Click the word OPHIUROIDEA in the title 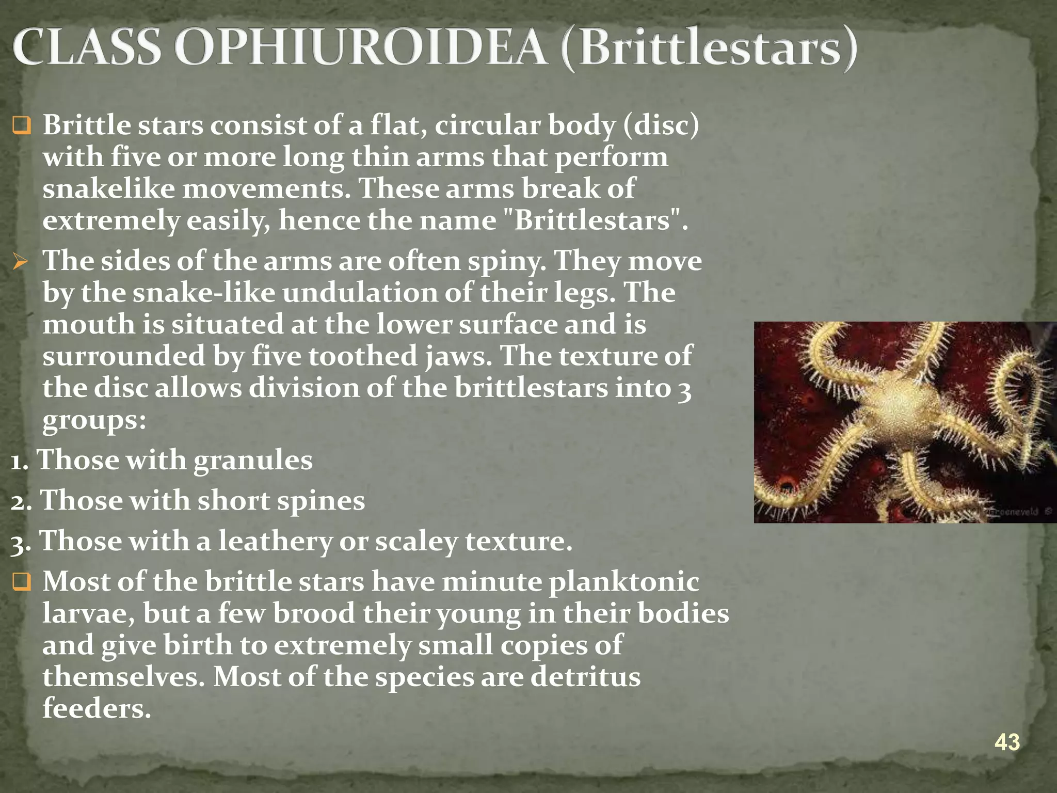pyautogui.click(x=360, y=47)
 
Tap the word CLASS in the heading pyautogui.click(x=87, y=47)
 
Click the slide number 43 pyautogui.click(x=1006, y=742)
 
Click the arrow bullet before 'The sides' pyautogui.click(x=21, y=262)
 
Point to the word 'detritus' pyautogui.click(x=585, y=677)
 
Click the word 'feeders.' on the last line pyautogui.click(x=97, y=708)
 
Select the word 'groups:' pyautogui.click(x=94, y=421)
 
